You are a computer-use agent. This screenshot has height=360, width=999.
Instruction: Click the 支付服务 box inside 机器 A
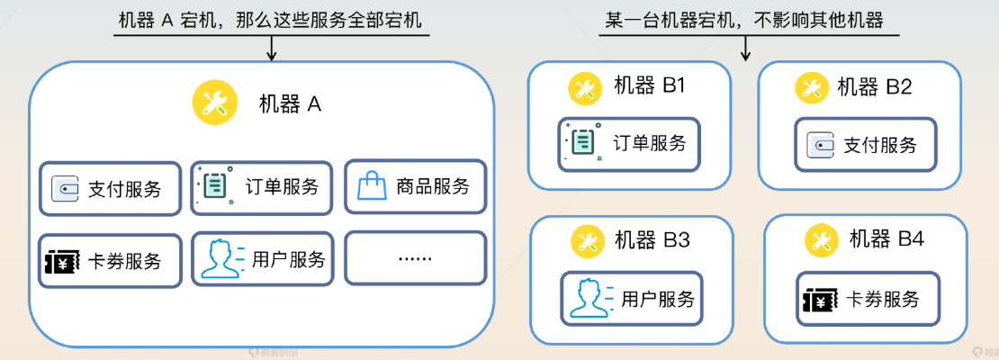(x=111, y=189)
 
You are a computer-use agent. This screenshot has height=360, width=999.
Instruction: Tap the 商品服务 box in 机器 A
(x=415, y=187)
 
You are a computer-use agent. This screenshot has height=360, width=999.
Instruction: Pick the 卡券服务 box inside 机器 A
(x=111, y=261)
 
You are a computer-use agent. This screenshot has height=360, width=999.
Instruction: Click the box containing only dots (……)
(x=415, y=258)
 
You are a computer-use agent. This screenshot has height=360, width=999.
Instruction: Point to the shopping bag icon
(x=371, y=187)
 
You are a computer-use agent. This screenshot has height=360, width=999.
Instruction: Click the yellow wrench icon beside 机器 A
(x=214, y=103)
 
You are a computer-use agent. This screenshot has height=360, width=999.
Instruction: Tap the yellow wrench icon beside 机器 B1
(x=584, y=87)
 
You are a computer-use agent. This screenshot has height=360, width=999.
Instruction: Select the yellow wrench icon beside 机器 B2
(x=811, y=87)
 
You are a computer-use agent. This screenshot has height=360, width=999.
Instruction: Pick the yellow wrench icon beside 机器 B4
(x=820, y=239)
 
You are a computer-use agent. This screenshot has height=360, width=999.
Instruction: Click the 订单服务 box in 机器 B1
(x=628, y=143)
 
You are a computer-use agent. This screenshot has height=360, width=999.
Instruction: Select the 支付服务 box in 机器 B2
(x=865, y=144)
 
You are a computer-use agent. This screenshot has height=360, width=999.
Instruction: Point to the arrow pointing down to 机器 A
(x=271, y=49)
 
